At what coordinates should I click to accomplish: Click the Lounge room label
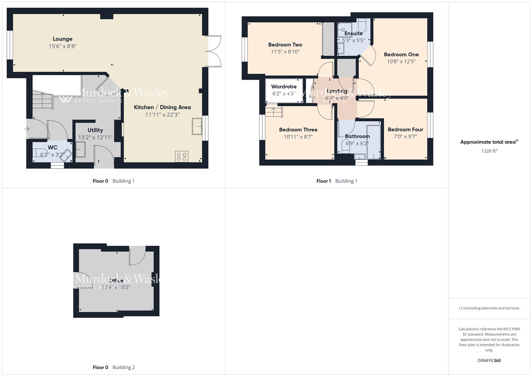tap(63, 39)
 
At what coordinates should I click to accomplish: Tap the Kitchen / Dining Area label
tap(162, 107)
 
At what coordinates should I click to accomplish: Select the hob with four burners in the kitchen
tap(182, 157)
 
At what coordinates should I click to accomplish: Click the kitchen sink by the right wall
tap(197, 126)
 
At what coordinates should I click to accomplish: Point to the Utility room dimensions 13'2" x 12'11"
tap(95, 138)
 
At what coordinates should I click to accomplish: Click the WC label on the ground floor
tap(53, 148)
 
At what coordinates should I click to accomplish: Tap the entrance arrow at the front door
tap(27, 129)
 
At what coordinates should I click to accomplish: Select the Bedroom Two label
tap(285, 45)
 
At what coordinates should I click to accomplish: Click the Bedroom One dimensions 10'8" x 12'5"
tap(401, 62)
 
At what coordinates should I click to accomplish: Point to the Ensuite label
tap(353, 33)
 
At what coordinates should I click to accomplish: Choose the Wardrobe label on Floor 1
tap(284, 87)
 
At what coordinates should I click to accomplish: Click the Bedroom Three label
tap(298, 130)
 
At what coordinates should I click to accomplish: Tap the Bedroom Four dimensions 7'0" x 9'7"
tap(405, 136)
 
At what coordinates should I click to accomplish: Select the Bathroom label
tap(357, 136)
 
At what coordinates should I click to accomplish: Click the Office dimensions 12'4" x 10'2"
tap(116, 288)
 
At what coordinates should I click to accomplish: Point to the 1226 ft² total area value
tap(489, 151)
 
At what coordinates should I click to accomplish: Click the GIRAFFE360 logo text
tap(489, 361)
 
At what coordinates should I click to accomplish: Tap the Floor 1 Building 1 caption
tap(337, 181)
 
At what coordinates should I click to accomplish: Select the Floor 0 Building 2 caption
tap(114, 367)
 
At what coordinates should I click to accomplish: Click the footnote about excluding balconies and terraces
tap(489, 308)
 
